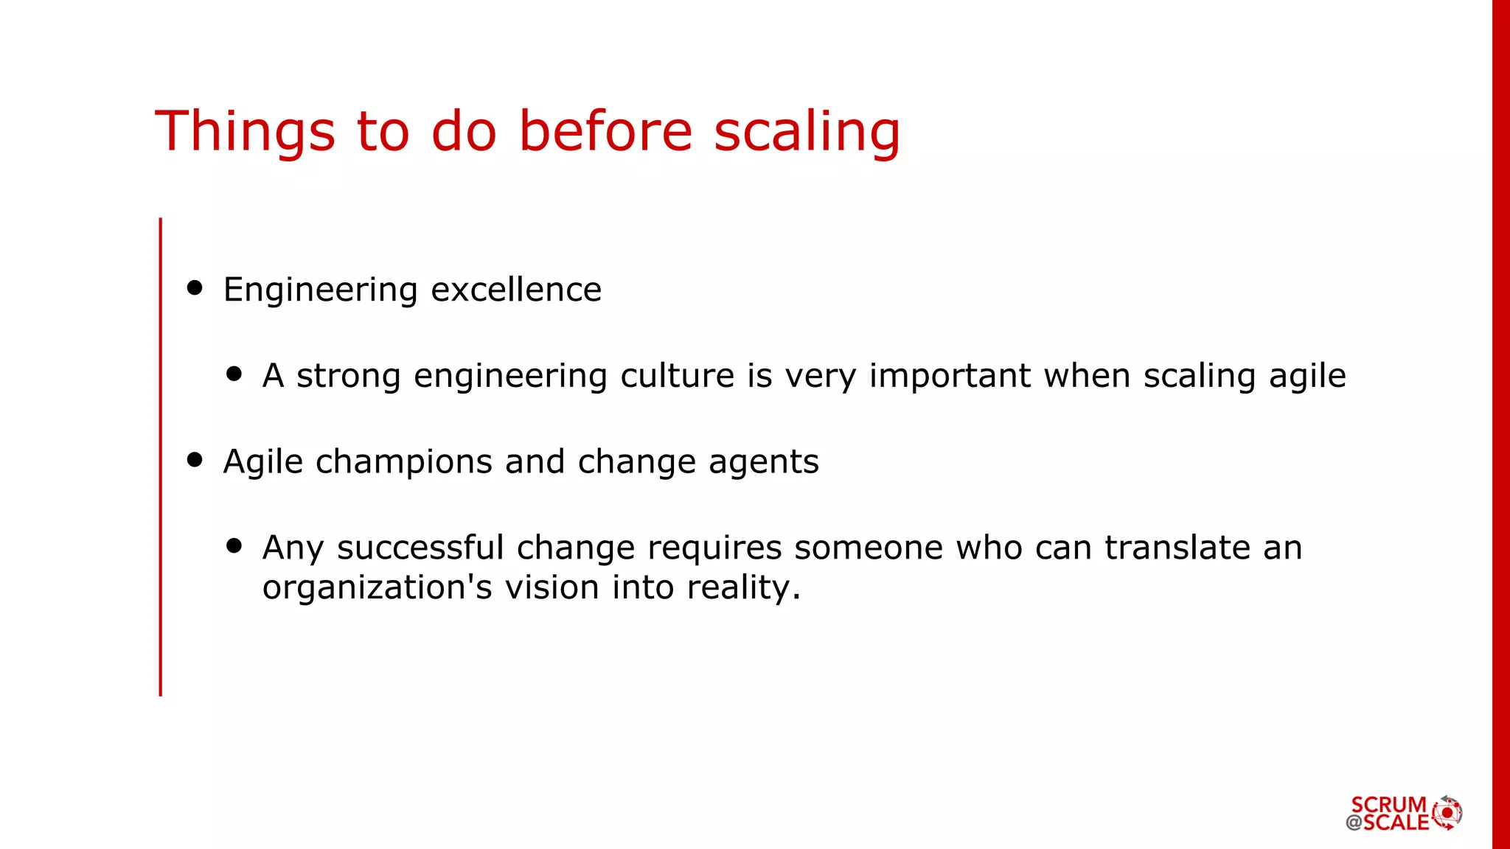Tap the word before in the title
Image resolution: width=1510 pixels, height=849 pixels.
[x=605, y=131]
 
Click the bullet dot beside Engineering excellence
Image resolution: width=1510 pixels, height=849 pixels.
[x=195, y=287]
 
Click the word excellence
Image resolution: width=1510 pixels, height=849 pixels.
[x=516, y=290]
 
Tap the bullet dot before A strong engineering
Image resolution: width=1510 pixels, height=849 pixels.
[x=234, y=374]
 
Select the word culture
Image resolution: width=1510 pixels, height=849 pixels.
[x=677, y=376]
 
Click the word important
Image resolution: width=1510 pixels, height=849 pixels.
[x=950, y=376]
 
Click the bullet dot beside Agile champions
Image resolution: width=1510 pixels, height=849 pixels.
[x=195, y=460]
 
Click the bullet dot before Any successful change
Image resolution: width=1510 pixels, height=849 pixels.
[x=234, y=545]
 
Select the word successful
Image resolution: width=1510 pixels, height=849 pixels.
[x=420, y=548]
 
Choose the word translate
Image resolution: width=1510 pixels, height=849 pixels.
[x=1177, y=548]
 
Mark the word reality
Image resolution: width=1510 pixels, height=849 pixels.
[x=743, y=588]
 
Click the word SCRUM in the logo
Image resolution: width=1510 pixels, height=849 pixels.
[x=1388, y=804]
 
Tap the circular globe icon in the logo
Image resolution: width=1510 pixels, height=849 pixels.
[x=1447, y=813]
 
